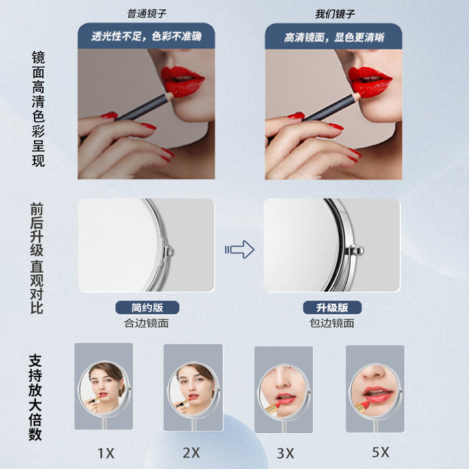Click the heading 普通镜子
(147, 14)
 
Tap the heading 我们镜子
(335, 14)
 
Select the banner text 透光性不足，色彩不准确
(147, 36)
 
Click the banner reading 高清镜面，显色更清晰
(334, 37)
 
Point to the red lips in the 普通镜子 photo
(182, 81)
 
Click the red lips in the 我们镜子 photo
(369, 81)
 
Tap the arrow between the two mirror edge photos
(240, 249)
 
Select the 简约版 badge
(147, 307)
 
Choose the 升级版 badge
(332, 307)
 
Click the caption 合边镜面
(147, 323)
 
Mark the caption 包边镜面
(332, 323)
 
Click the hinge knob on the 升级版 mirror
(355, 250)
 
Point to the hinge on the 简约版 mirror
(169, 252)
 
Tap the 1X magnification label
(106, 453)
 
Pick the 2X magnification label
(191, 453)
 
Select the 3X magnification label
(285, 453)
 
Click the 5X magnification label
(380, 452)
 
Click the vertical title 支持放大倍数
(35, 397)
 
